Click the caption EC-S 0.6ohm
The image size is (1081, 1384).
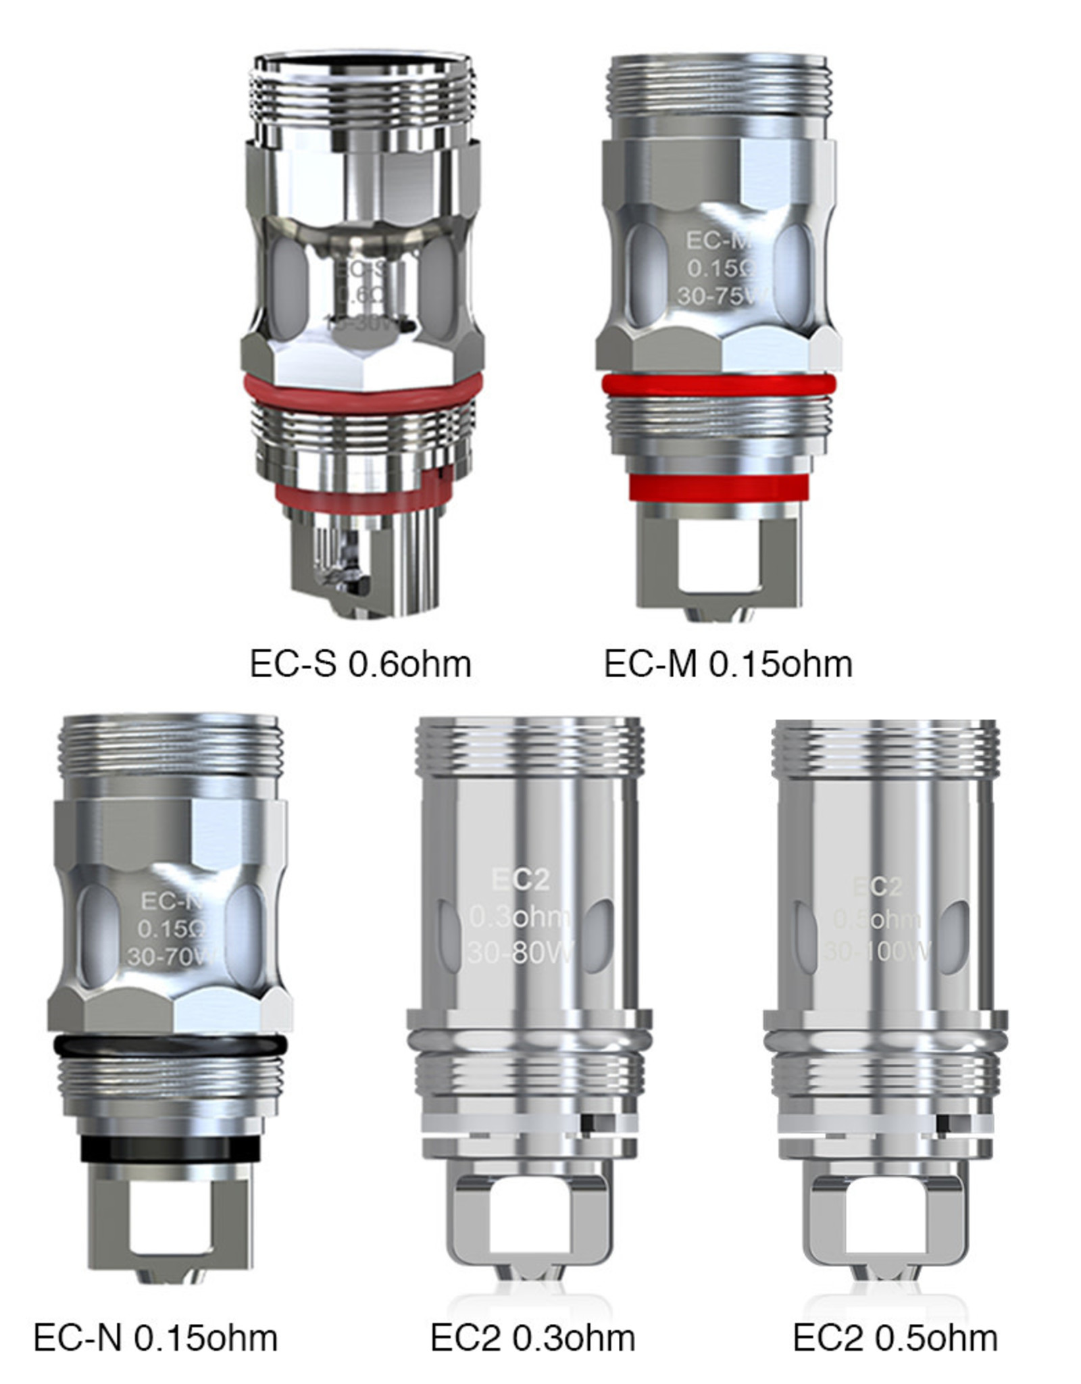pos(360,664)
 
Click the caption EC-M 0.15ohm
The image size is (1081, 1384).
pos(728,664)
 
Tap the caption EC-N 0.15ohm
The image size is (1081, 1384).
pos(155,1337)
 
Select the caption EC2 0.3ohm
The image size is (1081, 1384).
pos(532,1337)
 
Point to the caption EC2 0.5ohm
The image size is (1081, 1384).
pos(895,1337)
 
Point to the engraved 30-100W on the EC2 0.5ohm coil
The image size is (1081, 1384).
pos(877,952)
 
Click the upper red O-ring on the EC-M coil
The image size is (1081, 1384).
pos(719,385)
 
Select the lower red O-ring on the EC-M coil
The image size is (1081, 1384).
pos(719,488)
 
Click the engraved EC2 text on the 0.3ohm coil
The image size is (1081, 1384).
pos(520,880)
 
